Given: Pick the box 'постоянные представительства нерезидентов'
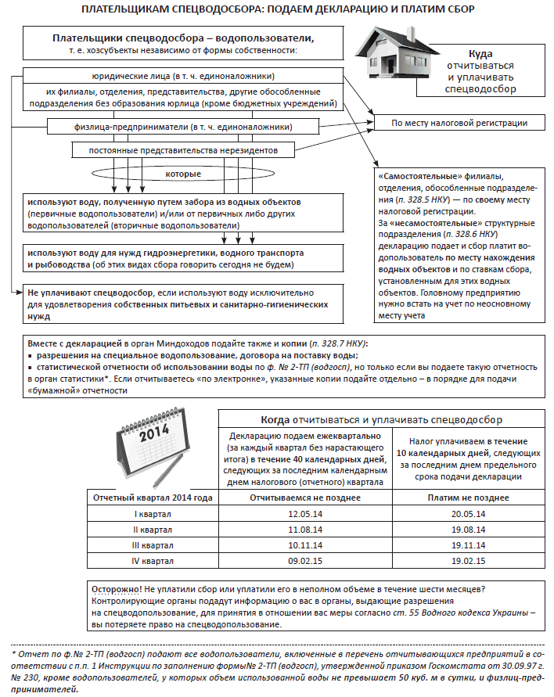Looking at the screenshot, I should pos(185,149).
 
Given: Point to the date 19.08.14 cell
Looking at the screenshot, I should pos(469,530).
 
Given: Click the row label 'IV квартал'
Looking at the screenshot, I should pos(153,561).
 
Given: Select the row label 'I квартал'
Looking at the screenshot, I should pos(153,514).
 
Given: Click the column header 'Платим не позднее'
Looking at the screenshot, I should pos(469,498).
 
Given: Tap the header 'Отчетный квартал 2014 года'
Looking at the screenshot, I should pos(153,498).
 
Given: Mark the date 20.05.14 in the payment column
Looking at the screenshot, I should pos(469,514).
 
